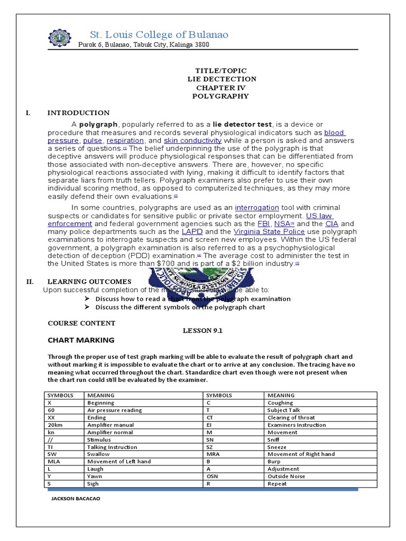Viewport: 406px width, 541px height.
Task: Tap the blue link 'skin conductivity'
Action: coord(192,141)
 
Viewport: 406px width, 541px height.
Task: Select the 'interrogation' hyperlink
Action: coord(258,208)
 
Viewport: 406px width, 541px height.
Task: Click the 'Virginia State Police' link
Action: coord(262,231)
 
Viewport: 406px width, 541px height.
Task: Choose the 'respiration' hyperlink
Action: coord(125,141)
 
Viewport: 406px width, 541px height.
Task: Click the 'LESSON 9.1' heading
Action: coord(203,330)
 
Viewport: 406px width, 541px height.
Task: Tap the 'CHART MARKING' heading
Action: coord(81,340)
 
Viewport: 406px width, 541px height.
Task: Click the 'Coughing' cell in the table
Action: coord(280,403)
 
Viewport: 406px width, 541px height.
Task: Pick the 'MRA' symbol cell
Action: coord(213,454)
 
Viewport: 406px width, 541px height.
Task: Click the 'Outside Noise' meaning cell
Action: coord(286,476)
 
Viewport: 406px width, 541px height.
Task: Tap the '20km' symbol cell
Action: coord(54,425)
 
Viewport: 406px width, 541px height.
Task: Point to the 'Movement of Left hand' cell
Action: coord(119,461)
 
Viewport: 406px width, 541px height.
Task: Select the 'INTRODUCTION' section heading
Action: coord(78,113)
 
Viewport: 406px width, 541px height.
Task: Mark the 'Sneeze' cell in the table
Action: coord(278,446)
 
